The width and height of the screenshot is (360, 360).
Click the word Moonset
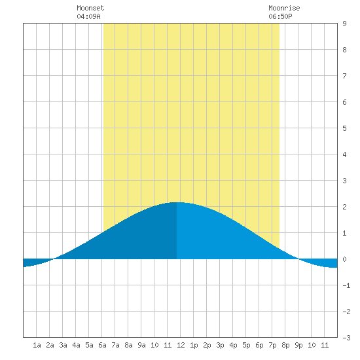[90, 8]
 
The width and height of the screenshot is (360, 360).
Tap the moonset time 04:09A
[88, 16]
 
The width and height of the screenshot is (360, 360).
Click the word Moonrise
[284, 8]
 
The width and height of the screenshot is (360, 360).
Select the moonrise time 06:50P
[280, 16]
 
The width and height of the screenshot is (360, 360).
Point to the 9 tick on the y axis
[344, 24]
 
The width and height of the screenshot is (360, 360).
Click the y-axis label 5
[344, 128]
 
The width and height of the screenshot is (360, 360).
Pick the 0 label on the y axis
[344, 259]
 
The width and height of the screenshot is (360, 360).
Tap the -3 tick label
[346, 338]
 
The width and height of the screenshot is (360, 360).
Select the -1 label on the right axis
[346, 285]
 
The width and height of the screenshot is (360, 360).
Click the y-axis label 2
[344, 207]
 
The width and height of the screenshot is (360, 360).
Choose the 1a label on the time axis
[37, 345]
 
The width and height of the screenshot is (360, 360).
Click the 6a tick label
[102, 345]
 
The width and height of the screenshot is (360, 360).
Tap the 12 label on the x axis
[181, 345]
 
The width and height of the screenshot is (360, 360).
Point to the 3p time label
[220, 345]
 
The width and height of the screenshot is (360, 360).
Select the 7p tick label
[272, 345]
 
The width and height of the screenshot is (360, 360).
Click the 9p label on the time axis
[298, 345]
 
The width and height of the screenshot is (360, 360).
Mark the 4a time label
[76, 345]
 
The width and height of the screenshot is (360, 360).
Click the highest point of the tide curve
[177, 202]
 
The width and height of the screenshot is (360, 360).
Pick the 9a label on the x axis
[141, 345]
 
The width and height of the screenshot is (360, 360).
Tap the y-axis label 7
[344, 76]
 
